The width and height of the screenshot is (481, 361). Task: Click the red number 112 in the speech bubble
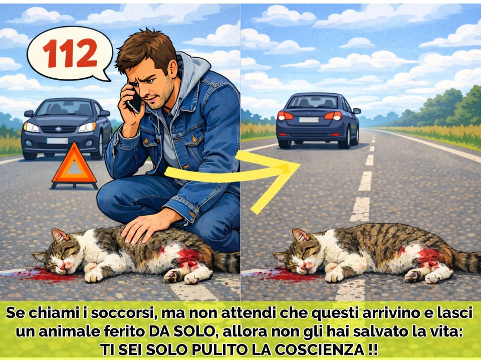coord(70,53)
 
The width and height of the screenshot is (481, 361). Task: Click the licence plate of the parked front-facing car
coord(57,141)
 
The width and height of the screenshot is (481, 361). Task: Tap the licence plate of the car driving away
coord(309,120)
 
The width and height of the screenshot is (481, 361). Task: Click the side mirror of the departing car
coord(356,111)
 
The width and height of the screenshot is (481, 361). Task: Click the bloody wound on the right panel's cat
coord(429,257)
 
